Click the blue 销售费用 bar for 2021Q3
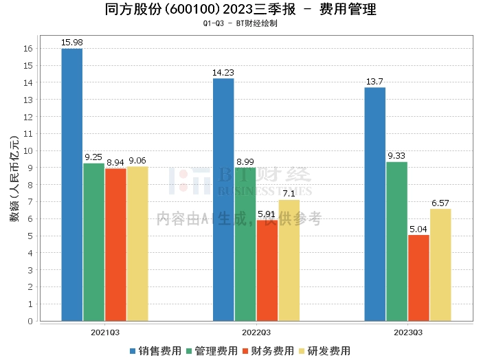pos(71,184)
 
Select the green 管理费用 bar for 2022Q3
pos(245,244)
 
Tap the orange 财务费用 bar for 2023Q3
pos(418,278)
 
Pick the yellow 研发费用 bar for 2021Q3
pos(137,243)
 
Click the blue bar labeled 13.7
pos(375,204)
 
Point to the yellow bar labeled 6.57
pos(440,265)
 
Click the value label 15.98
pos(71,43)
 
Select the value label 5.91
pos(267,214)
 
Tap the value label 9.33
pos(396,156)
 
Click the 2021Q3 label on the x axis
pos(104,332)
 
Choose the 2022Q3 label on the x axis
pos(256,332)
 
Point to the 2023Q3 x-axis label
pos(407,332)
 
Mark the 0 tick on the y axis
pos(31,321)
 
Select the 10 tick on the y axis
pos(28,150)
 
